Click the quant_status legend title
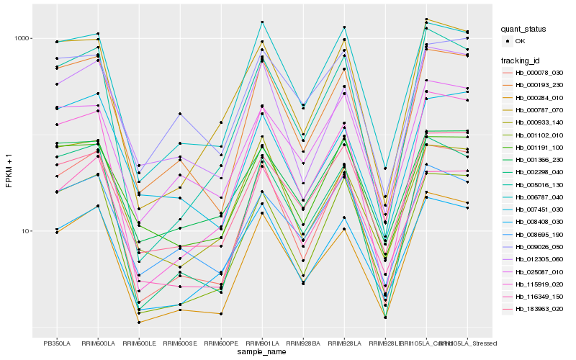tap(524, 29)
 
